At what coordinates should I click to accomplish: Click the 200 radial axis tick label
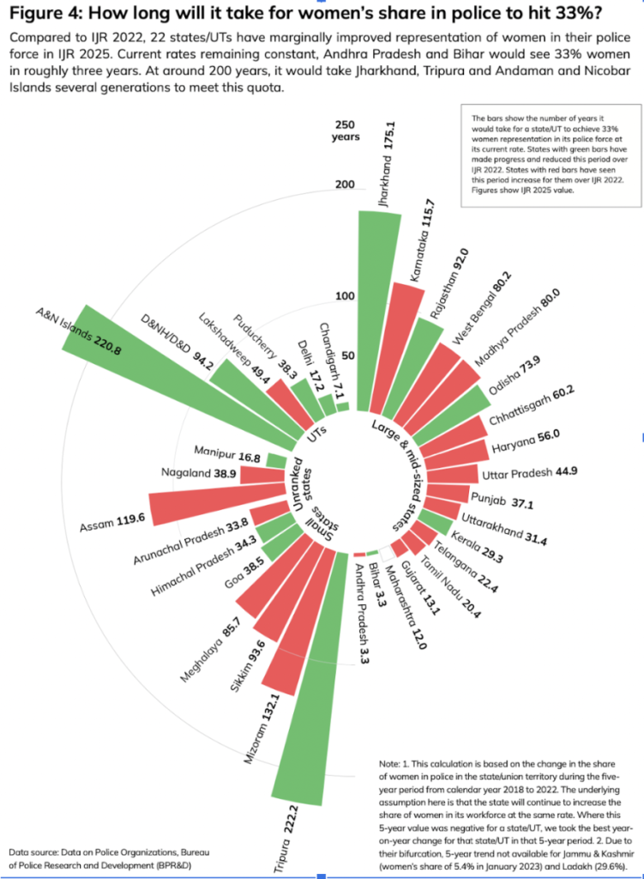pos(344,185)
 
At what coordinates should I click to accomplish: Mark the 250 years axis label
pos(348,130)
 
